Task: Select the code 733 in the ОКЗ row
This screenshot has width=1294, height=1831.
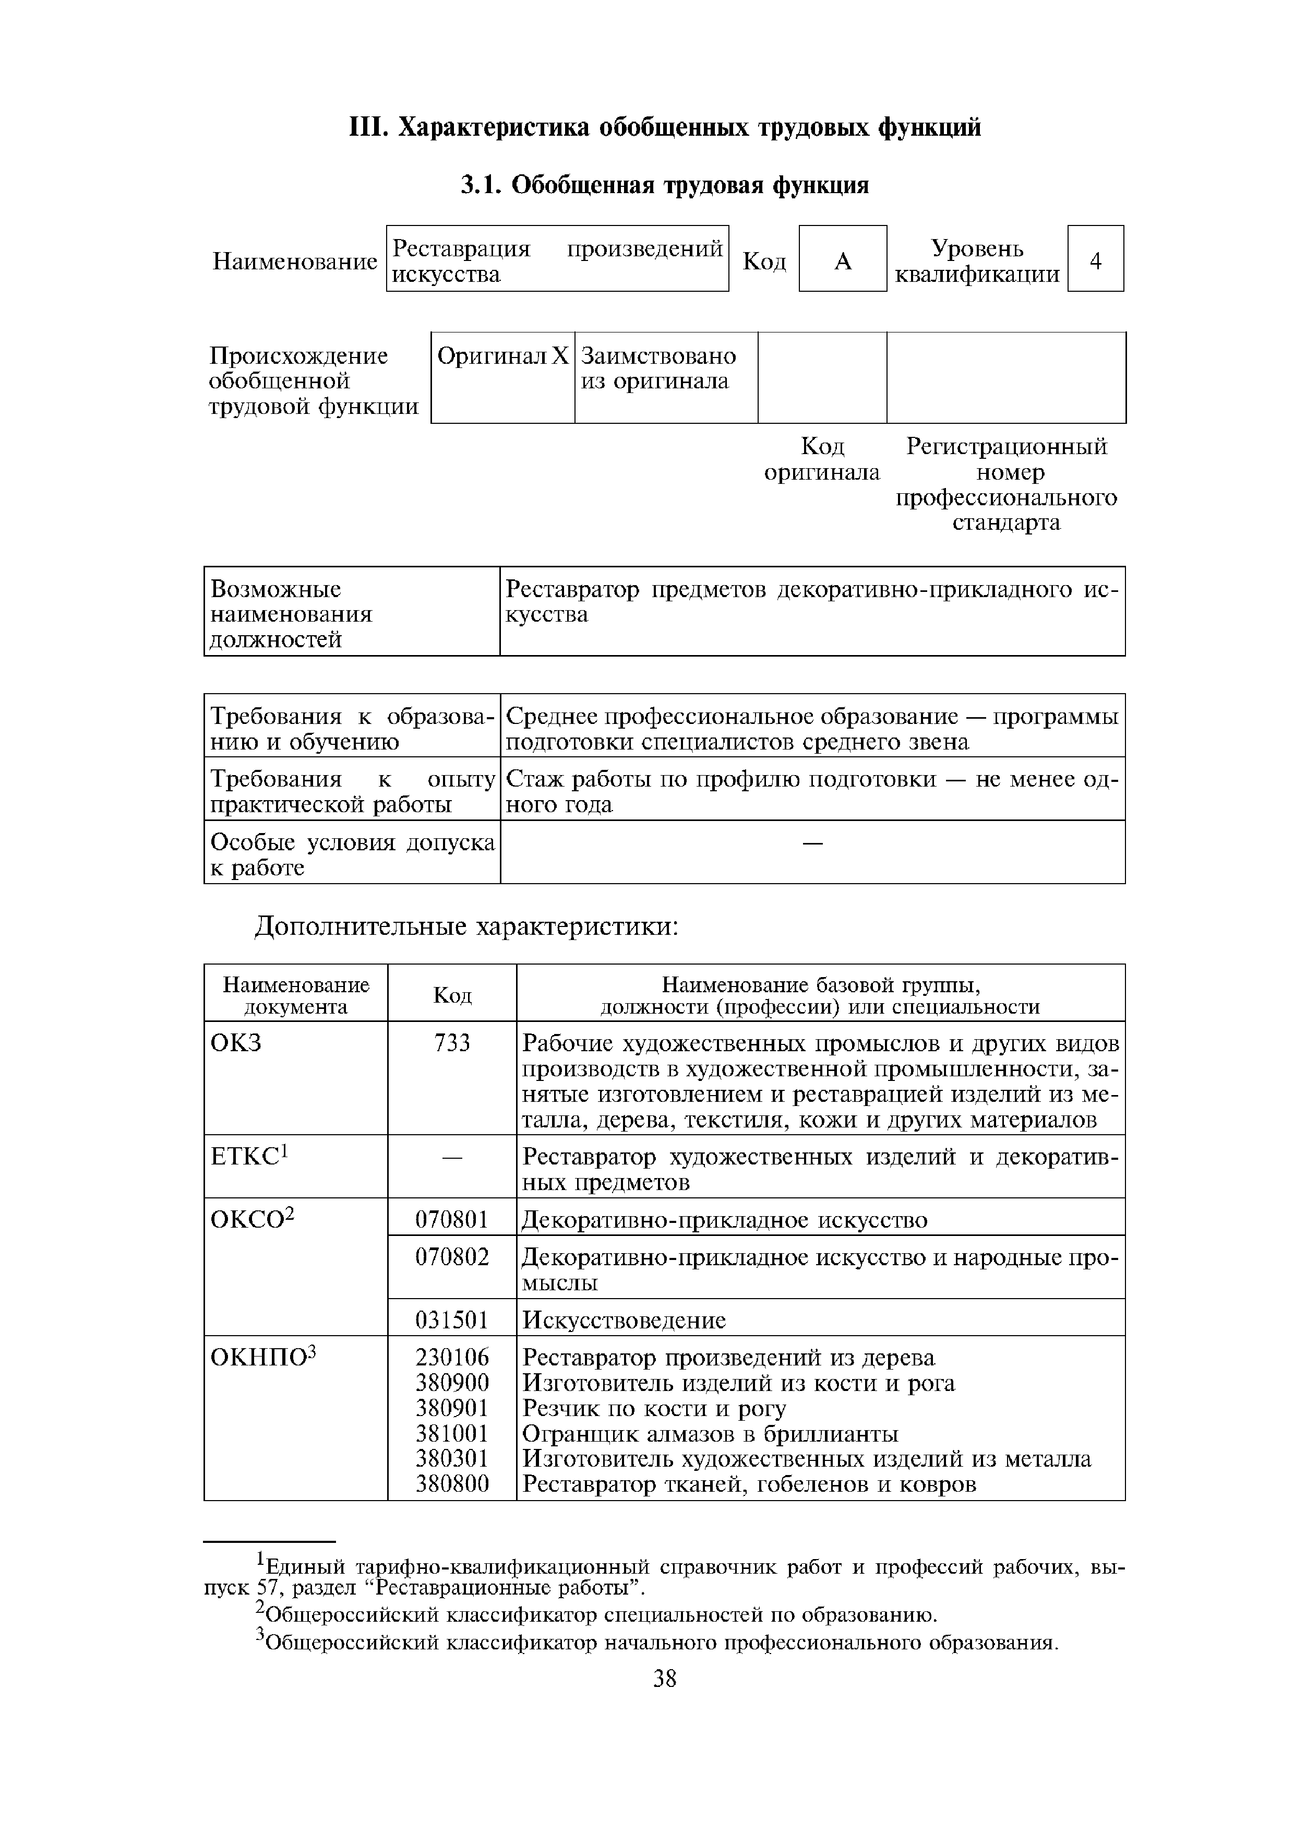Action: tap(452, 1043)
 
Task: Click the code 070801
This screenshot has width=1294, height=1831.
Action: tap(452, 1220)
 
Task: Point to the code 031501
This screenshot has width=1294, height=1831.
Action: tap(452, 1321)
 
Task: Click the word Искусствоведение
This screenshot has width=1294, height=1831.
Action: tap(624, 1321)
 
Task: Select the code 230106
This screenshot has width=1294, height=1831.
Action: tap(452, 1358)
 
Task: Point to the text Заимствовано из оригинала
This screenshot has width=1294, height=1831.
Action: tap(658, 368)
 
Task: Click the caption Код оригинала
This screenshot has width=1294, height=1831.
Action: tap(822, 459)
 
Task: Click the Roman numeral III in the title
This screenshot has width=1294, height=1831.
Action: tap(368, 127)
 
